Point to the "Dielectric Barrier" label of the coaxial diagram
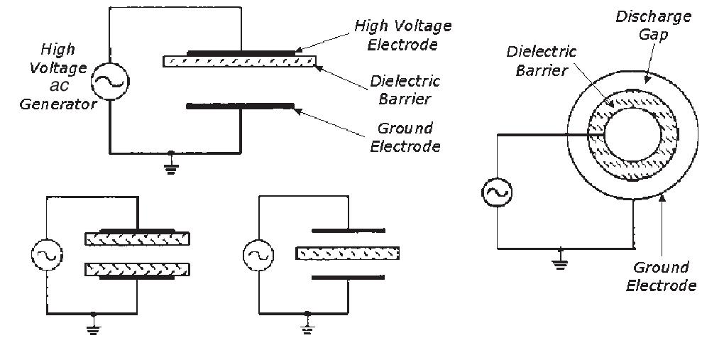pyautogui.click(x=537, y=60)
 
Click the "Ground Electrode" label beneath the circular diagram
pyautogui.click(x=662, y=277)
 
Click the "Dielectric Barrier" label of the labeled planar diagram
pyautogui.click(x=405, y=89)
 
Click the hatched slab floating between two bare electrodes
pyautogui.click(x=347, y=253)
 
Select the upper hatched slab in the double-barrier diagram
pyautogui.click(x=137, y=239)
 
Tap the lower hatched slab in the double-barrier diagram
pyautogui.click(x=137, y=269)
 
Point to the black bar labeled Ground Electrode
pyautogui.click(x=240, y=107)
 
